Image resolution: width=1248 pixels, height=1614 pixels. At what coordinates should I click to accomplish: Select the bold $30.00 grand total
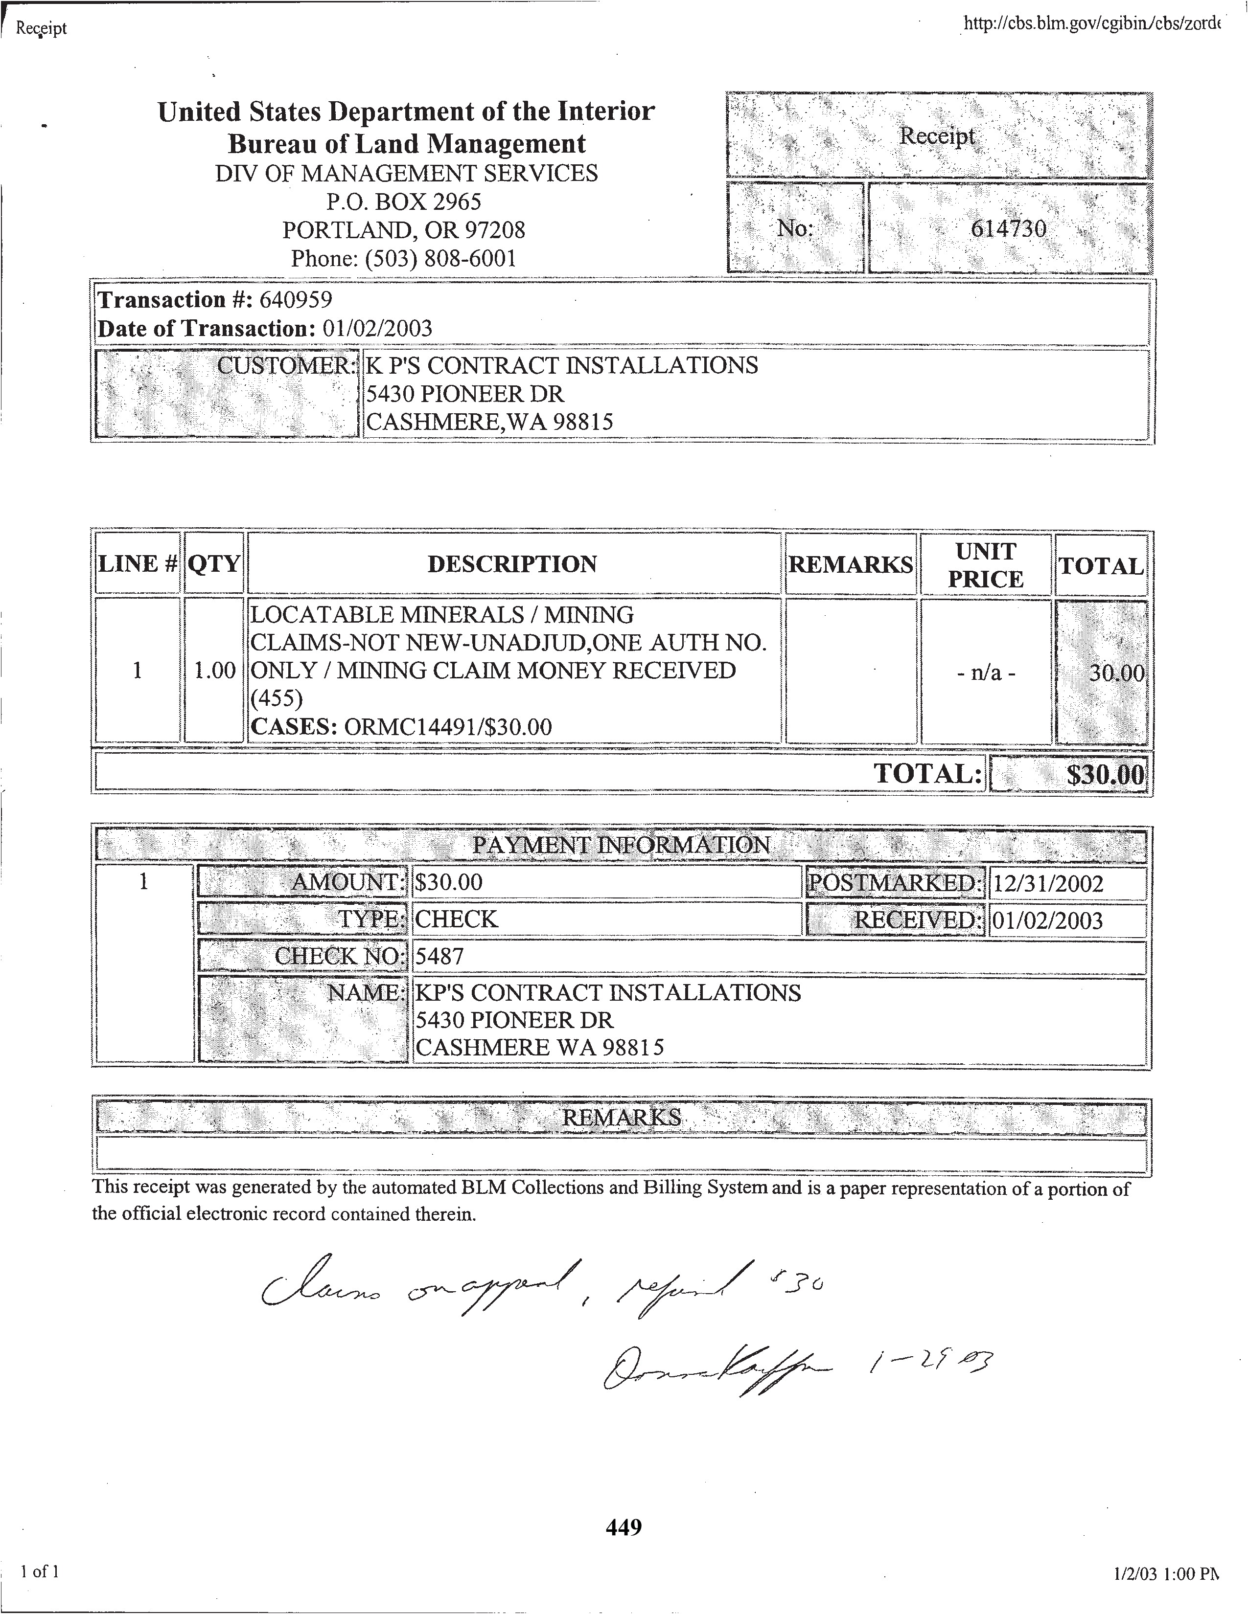point(1105,775)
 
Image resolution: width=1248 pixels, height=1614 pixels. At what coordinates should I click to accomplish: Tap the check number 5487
point(439,956)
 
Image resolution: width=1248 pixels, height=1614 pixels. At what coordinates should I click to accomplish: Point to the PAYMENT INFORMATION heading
point(621,845)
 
